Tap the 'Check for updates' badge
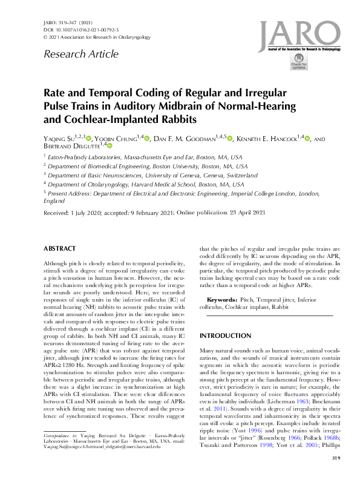pos(298,63)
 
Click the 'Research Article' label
pos(80,55)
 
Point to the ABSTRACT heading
pos(60,249)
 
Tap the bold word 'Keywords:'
pos(222,300)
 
